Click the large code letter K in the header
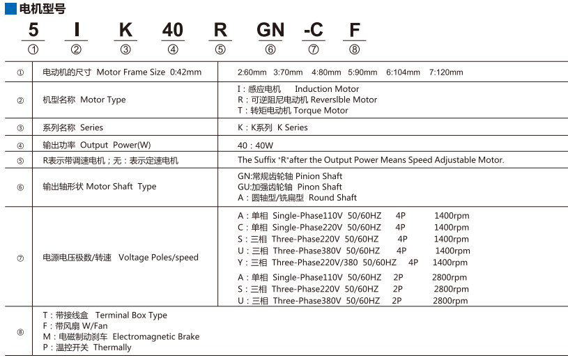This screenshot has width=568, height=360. (x=125, y=30)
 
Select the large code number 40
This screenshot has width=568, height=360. (x=172, y=30)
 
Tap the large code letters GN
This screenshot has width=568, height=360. (x=270, y=30)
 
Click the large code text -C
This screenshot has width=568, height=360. (x=313, y=30)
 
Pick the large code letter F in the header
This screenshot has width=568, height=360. (x=355, y=30)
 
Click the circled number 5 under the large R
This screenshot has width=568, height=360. (x=220, y=49)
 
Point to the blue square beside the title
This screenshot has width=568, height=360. (x=10, y=8)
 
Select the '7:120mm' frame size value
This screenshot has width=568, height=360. (x=446, y=72)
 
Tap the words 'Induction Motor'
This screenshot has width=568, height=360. (x=327, y=89)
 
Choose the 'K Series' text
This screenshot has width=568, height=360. (x=292, y=127)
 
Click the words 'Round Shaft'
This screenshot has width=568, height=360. (x=332, y=198)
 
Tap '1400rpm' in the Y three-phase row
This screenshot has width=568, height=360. (x=450, y=263)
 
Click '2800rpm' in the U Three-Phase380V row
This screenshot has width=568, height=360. (x=450, y=301)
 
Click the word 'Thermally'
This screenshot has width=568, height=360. (x=112, y=347)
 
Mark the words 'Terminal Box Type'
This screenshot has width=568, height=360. (x=131, y=315)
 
